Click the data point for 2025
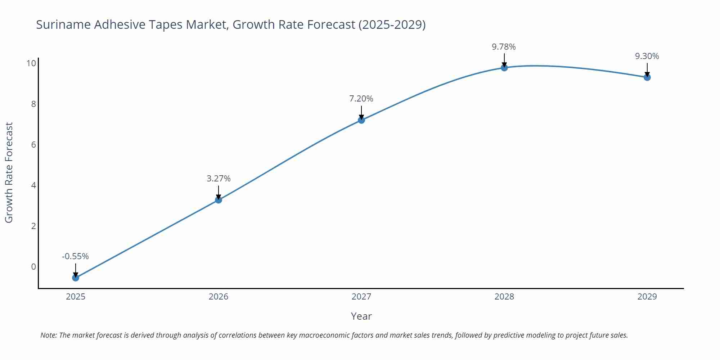click(76, 278)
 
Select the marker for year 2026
click(219, 200)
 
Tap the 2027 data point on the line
click(361, 120)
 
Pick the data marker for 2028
click(504, 68)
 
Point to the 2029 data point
click(647, 77)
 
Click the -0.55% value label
click(75, 256)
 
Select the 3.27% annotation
click(219, 179)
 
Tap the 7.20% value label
click(361, 99)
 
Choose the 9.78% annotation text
click(504, 47)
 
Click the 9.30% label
click(647, 56)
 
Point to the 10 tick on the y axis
click(31, 63)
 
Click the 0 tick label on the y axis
click(33, 267)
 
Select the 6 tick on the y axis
click(33, 145)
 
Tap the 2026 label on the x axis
click(219, 297)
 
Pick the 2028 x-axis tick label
click(504, 297)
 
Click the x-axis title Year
click(361, 316)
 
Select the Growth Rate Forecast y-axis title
click(9, 173)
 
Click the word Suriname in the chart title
click(63, 24)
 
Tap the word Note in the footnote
click(48, 335)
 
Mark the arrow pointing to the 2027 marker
click(361, 112)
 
